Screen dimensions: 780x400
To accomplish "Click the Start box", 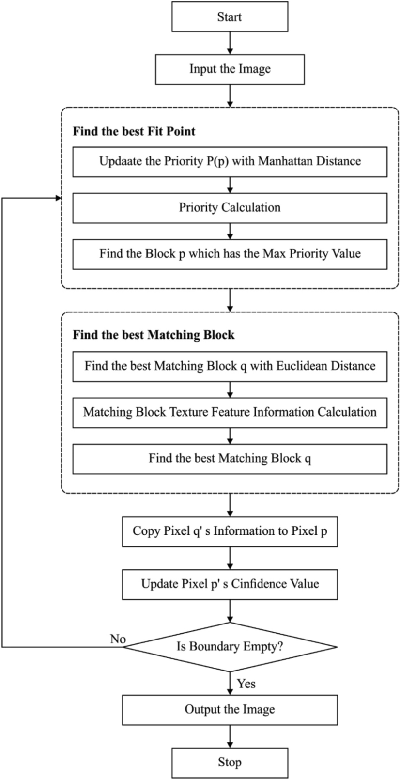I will point(230,17).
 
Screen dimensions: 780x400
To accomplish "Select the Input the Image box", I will point(230,69).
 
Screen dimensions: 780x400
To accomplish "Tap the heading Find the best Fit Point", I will point(134,131).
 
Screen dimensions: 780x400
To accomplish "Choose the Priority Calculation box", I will point(230,208).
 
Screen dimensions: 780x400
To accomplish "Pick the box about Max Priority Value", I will point(230,254).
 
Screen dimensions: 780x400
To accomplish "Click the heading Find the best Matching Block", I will point(154,335).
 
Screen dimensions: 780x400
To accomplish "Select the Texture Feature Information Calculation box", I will point(230,412).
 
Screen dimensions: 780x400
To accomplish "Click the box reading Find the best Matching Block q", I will point(230,458).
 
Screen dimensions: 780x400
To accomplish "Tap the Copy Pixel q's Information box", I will point(230,531).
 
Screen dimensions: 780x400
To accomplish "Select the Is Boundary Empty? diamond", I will point(230,647).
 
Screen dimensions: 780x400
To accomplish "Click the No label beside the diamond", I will point(118,639).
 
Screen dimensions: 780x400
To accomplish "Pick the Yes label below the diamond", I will point(246,684).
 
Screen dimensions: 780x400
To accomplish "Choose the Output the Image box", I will point(230,710).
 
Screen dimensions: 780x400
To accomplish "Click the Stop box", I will point(230,763).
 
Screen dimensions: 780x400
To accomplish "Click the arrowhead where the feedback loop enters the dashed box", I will point(58,198).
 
